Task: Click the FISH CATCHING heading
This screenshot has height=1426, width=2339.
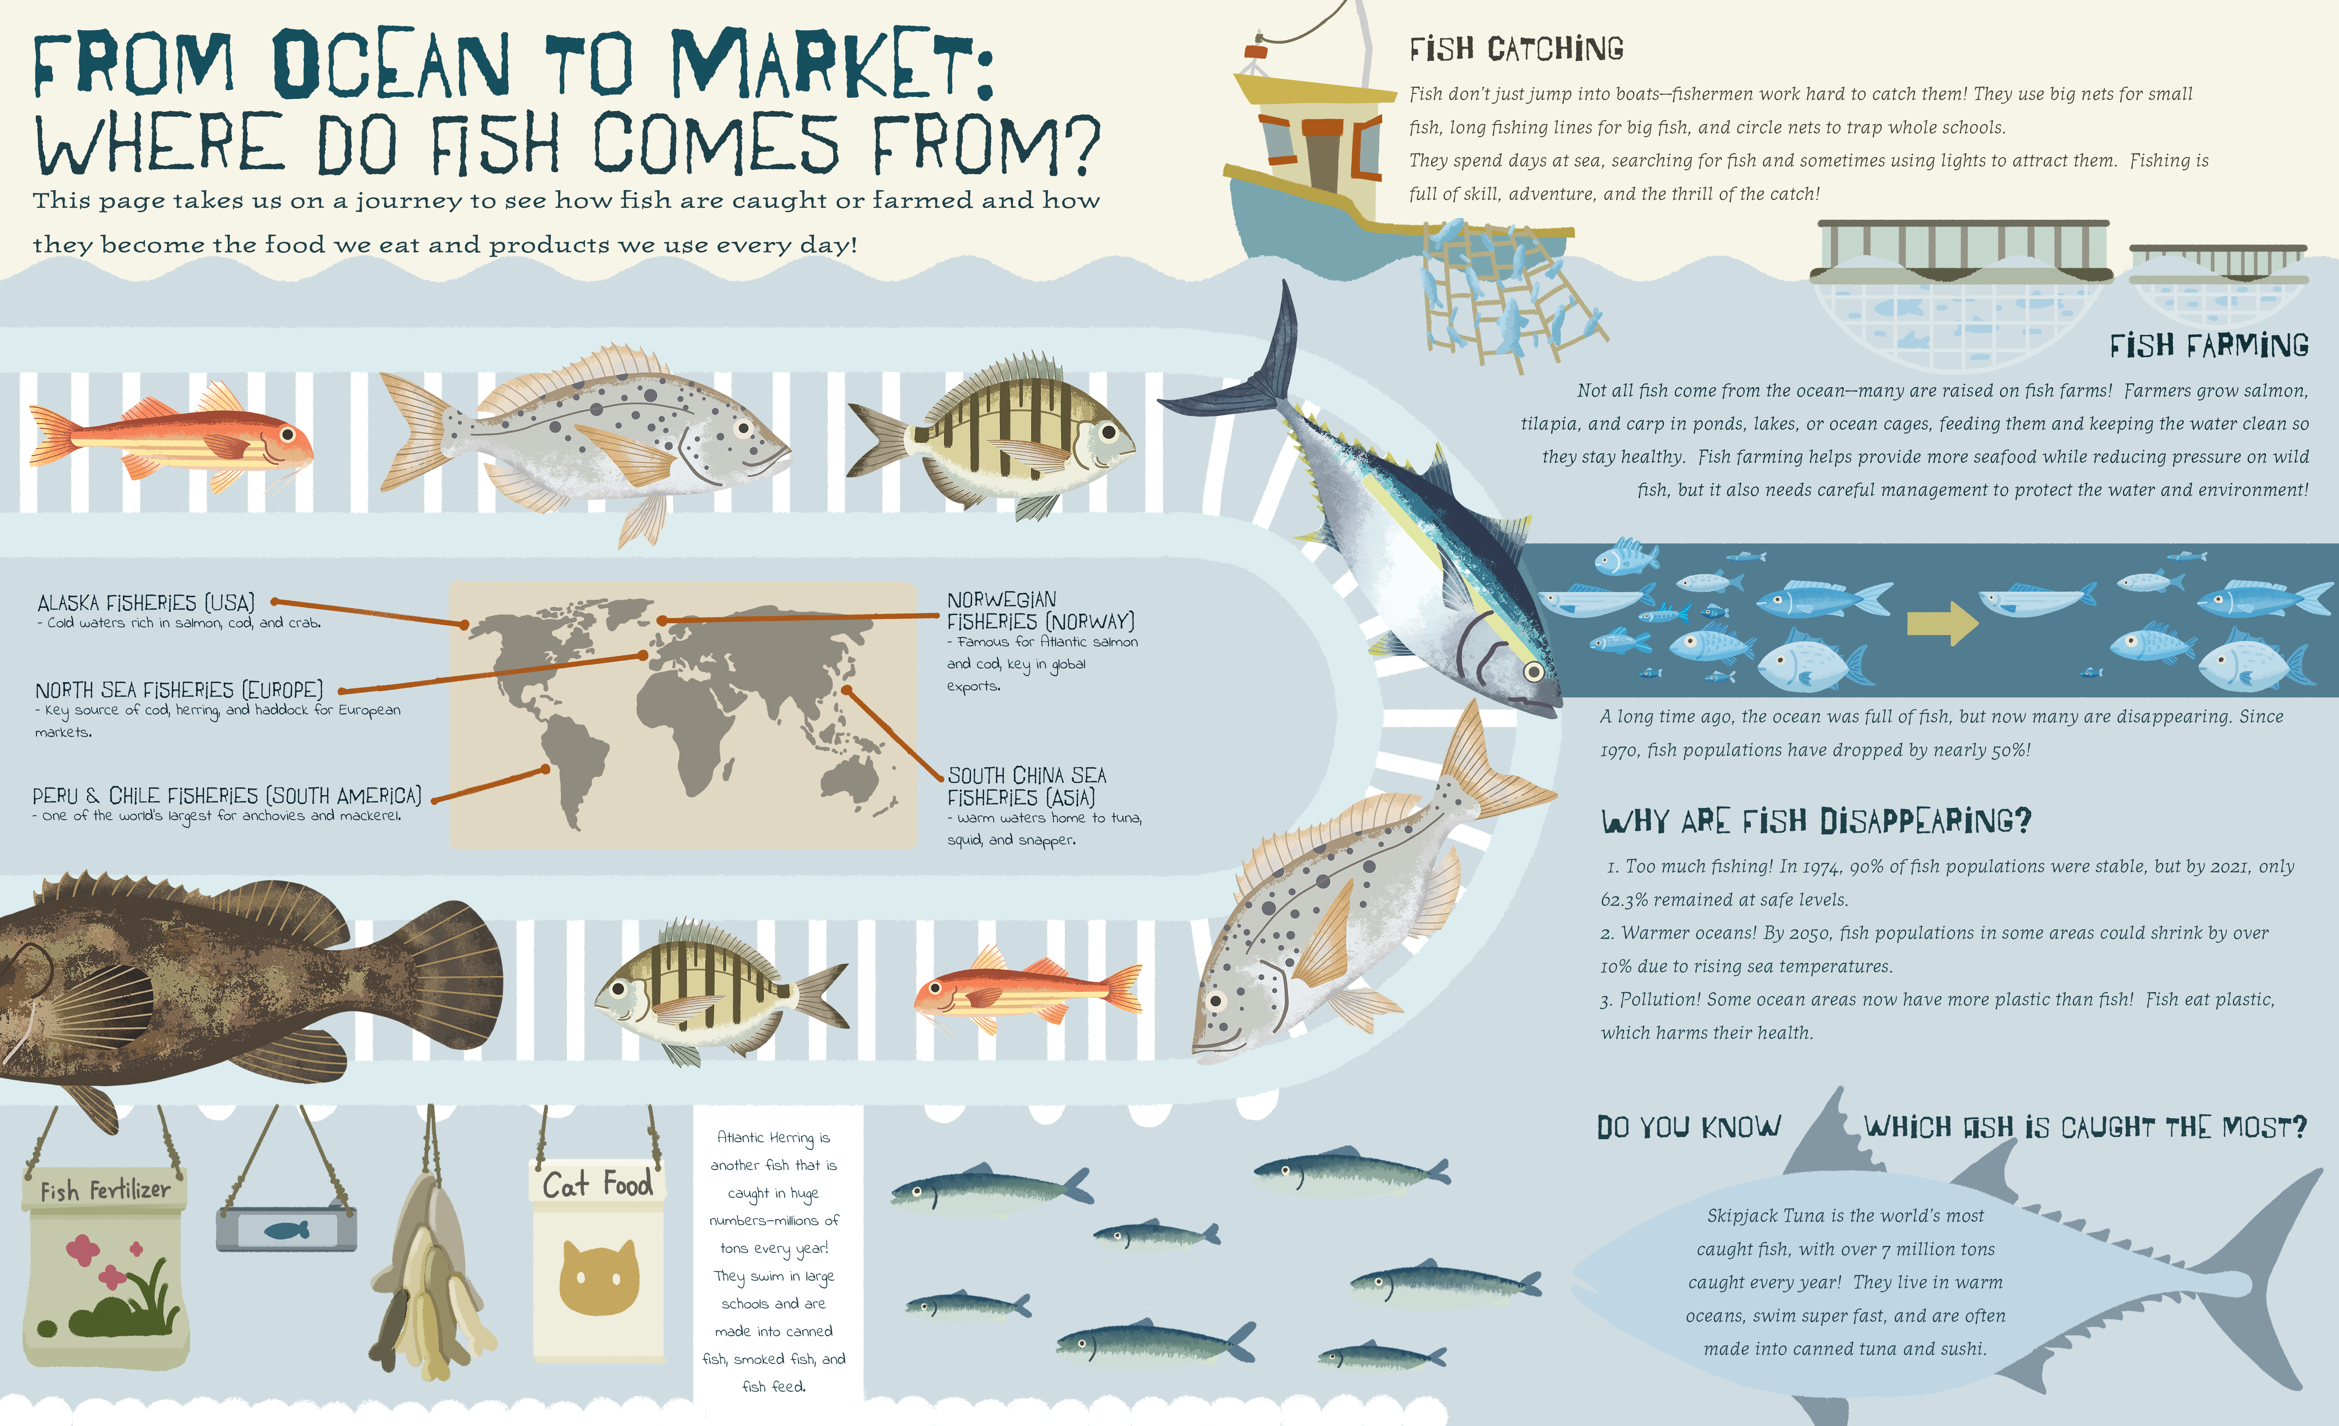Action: click(x=1516, y=48)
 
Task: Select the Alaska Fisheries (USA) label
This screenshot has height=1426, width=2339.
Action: click(x=146, y=603)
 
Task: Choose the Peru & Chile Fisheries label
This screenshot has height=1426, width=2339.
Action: click(x=227, y=796)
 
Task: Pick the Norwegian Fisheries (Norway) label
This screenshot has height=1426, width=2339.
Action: click(x=1041, y=610)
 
